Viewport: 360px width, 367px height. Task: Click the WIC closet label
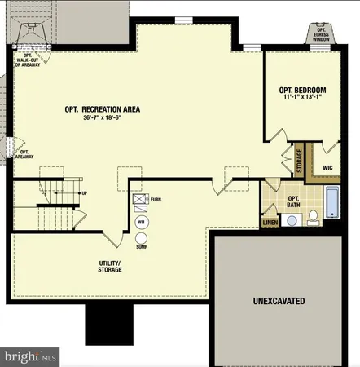pyautogui.click(x=327, y=168)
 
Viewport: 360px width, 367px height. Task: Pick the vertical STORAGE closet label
pyautogui.click(x=299, y=162)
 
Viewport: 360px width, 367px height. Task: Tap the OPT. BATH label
pyautogui.click(x=293, y=200)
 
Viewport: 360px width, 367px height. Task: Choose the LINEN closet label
pyautogui.click(x=270, y=221)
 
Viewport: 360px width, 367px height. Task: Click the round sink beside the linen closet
pyautogui.click(x=292, y=219)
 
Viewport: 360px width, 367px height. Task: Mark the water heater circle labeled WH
pyautogui.click(x=141, y=221)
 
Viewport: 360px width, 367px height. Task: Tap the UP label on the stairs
pyautogui.click(x=84, y=193)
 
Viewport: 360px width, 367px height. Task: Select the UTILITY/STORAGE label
pyautogui.click(x=110, y=266)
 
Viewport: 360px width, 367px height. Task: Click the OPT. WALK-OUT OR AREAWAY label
pyautogui.click(x=30, y=60)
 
